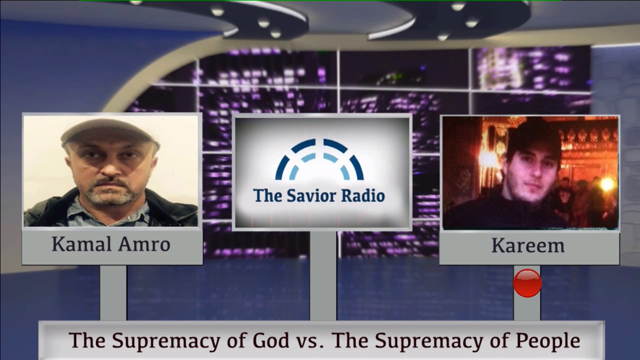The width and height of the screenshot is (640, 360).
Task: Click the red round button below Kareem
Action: pyautogui.click(x=527, y=283)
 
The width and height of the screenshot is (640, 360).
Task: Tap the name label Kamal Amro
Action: pyautogui.click(x=111, y=244)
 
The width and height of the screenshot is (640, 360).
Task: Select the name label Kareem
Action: pyautogui.click(x=528, y=245)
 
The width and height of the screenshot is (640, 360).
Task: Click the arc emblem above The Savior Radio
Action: pyautogui.click(x=319, y=159)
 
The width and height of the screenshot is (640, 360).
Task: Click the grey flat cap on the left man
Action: pyautogui.click(x=110, y=133)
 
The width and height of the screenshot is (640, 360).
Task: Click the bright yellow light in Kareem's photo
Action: pyautogui.click(x=607, y=183)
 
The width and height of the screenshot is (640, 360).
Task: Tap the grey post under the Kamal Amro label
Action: pyautogui.click(x=113, y=292)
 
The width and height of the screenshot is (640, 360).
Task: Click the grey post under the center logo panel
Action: pyautogui.click(x=323, y=275)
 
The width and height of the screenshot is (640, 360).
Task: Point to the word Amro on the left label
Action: pyautogui.click(x=144, y=244)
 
